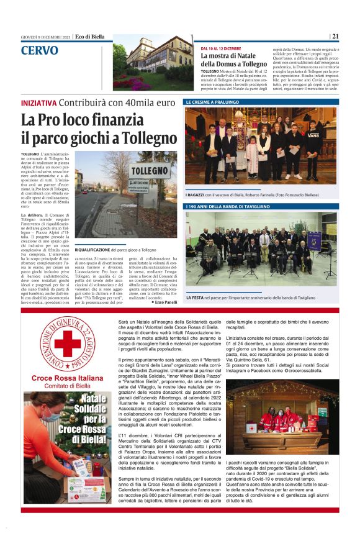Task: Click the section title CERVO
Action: coord(40,50)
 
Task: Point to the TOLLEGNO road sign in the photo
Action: coord(150,169)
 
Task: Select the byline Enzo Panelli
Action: coord(163,301)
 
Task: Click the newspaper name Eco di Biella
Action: coord(91,37)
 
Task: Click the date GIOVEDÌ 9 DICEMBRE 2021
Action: coord(47,37)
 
